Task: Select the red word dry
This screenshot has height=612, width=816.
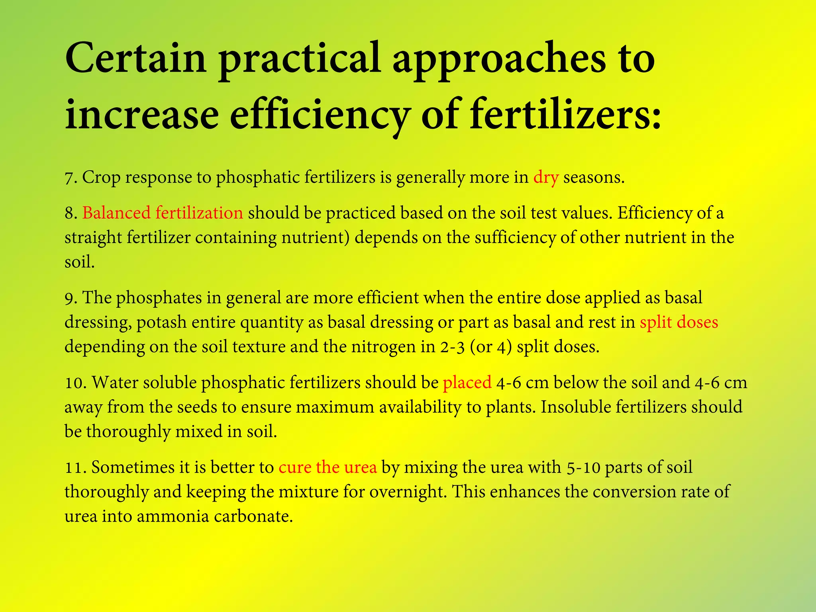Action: coord(546,177)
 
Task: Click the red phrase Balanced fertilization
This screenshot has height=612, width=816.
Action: coord(163,213)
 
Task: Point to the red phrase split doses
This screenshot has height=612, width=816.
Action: coord(679,322)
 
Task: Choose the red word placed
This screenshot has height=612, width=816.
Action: coord(467,382)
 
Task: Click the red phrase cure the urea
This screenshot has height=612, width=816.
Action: coord(328,467)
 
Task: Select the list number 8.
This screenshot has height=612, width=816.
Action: coord(70,213)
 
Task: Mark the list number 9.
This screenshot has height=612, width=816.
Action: coord(70,298)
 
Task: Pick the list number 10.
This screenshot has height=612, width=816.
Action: coord(75,383)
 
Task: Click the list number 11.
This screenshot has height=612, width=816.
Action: coord(75,467)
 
